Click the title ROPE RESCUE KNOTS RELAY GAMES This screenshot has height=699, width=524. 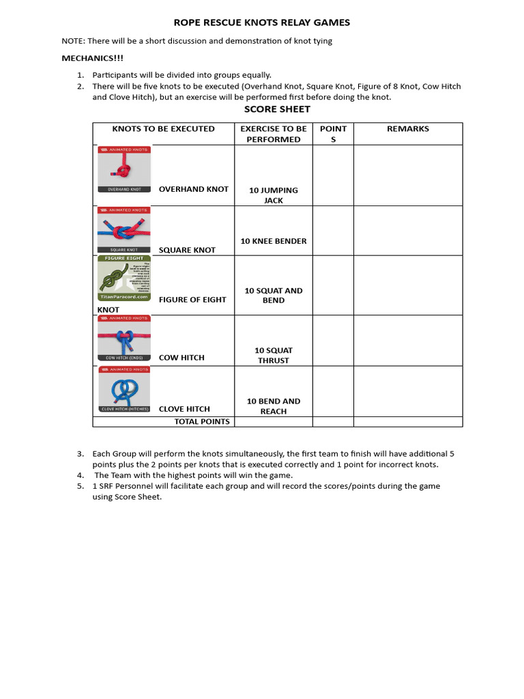tap(262, 23)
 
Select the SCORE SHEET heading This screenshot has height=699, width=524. tap(277, 109)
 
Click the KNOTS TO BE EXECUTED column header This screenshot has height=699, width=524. tap(163, 129)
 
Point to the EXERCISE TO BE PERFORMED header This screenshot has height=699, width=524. tap(274, 134)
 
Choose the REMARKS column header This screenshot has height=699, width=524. tap(408, 129)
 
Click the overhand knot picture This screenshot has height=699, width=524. tap(123, 169)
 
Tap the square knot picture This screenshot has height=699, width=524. tap(123, 230)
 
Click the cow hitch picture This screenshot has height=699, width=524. tap(123, 339)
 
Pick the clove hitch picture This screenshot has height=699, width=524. tap(123, 390)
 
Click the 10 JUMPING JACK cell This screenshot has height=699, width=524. tap(274, 195)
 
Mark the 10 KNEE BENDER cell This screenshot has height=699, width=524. tap(274, 241)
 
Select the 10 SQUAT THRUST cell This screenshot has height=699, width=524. tap(274, 355)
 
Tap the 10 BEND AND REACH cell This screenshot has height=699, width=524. tap(274, 406)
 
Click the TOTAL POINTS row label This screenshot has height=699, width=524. tap(202, 422)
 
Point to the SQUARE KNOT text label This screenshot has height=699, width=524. tap(187, 250)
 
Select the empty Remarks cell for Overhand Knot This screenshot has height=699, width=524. tap(408, 175)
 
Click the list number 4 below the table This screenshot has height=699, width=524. tap(80, 475)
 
